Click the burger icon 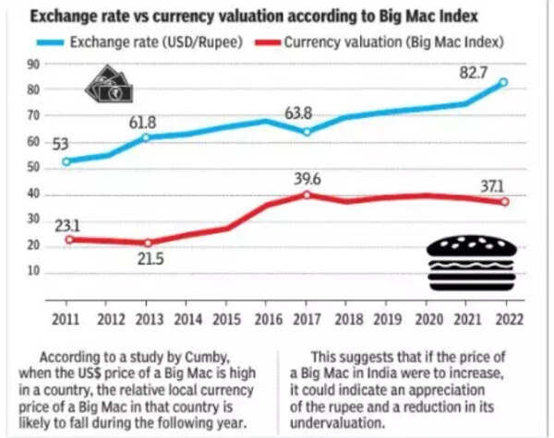pos(471,262)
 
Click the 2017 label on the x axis pos(306,319)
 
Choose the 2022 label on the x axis pos(507,319)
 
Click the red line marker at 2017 pos(306,195)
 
